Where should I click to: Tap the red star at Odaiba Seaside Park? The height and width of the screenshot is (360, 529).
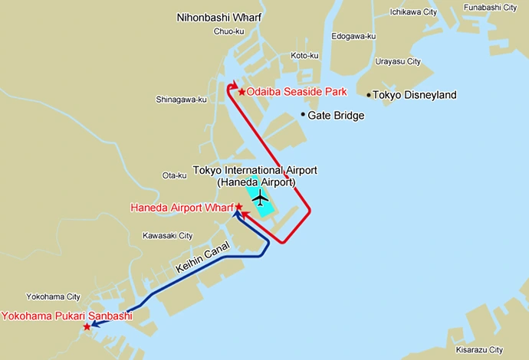pyautogui.click(x=242, y=92)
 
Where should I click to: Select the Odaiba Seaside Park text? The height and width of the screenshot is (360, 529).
pyautogui.click(x=297, y=92)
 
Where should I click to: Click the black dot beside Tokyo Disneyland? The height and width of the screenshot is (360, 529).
pyautogui.click(x=369, y=95)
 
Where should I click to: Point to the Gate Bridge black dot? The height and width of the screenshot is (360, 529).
pyautogui.click(x=303, y=116)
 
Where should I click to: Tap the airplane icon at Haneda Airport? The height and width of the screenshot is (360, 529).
pyautogui.click(x=261, y=199)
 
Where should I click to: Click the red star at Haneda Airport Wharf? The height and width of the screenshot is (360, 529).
pyautogui.click(x=238, y=207)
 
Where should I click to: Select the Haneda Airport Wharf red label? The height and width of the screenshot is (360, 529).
pyautogui.click(x=182, y=208)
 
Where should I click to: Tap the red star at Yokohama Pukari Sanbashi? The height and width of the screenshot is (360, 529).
pyautogui.click(x=87, y=327)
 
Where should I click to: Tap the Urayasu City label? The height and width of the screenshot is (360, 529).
pyautogui.click(x=398, y=61)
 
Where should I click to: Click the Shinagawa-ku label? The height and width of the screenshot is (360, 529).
pyautogui.click(x=181, y=100)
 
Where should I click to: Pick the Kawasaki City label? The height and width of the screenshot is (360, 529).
pyautogui.click(x=168, y=236)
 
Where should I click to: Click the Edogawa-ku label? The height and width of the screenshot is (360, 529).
pyautogui.click(x=353, y=36)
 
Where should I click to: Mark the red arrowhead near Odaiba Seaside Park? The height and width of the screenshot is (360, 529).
pyautogui.click(x=232, y=87)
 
